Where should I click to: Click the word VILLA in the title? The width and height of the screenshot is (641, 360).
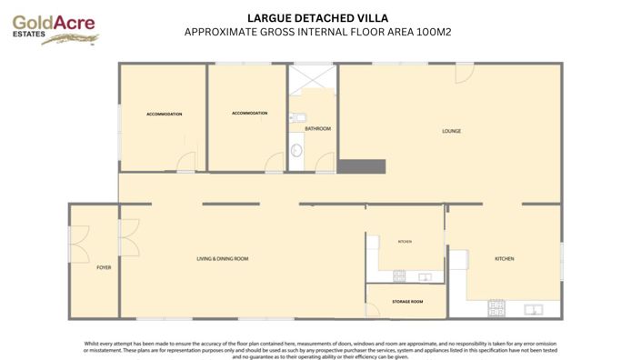pos(371,17)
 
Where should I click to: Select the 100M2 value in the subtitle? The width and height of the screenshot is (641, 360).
pos(434,31)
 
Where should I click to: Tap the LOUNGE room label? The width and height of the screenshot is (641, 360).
pos(451,131)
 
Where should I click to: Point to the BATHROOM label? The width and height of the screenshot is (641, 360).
pos(317,129)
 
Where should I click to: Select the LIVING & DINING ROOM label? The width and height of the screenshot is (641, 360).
pos(223,259)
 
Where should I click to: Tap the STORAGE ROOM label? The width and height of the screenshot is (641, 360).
pos(407,301)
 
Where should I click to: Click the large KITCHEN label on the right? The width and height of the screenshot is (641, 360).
pos(504,259)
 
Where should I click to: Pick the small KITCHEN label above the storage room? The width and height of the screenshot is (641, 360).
pos(405,241)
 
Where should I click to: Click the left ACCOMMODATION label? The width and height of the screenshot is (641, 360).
pos(165,115)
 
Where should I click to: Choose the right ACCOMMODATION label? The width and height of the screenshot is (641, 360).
pos(249,114)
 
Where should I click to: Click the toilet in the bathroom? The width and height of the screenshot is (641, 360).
pos(295,151)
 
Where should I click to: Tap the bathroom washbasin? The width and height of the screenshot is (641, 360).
pos(295,117)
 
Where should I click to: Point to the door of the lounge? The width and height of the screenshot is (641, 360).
pos(465,73)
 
